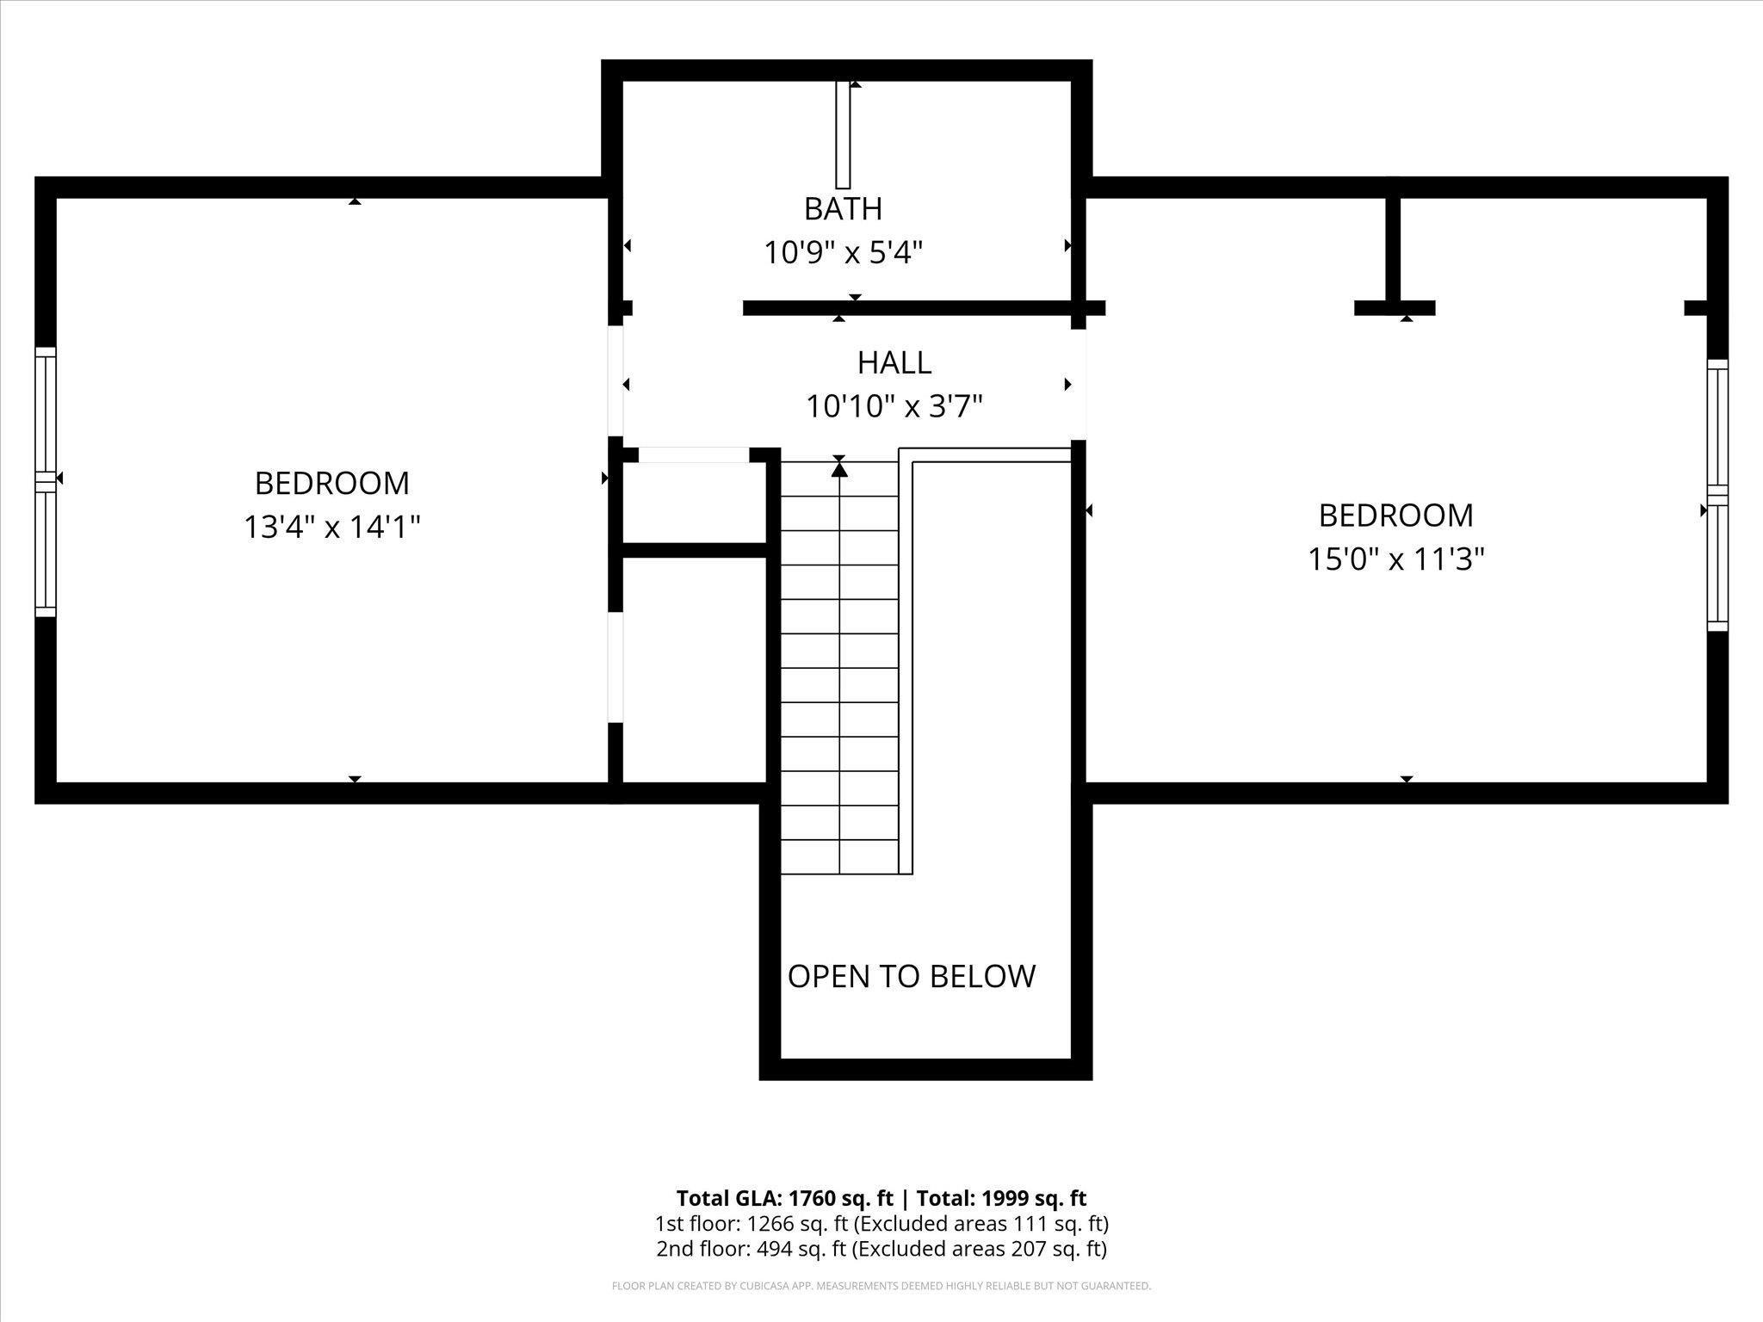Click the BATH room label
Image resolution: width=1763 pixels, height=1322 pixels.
(x=843, y=208)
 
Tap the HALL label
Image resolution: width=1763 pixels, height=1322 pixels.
(x=894, y=362)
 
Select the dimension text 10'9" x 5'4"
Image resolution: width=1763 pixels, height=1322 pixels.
(x=844, y=253)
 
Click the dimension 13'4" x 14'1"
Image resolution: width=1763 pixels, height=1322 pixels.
(x=332, y=527)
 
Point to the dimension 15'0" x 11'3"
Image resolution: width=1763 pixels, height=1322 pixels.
(x=1396, y=559)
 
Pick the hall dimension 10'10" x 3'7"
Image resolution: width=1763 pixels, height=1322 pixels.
(x=894, y=405)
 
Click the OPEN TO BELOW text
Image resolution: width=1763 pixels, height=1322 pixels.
(x=911, y=976)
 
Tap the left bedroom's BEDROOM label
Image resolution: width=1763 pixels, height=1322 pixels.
(x=332, y=483)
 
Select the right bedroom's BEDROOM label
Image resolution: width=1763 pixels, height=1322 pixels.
(x=1396, y=515)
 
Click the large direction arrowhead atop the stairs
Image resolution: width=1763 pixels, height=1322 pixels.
(x=839, y=469)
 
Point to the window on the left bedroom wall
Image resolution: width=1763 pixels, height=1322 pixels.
(x=46, y=482)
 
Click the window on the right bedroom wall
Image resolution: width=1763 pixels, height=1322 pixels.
(x=1717, y=495)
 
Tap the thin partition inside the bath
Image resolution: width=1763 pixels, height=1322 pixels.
(x=843, y=135)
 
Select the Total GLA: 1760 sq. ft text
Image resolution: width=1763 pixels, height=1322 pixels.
(x=785, y=1198)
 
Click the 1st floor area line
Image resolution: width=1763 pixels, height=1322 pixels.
(x=881, y=1224)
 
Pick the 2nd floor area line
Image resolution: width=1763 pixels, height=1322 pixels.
(x=881, y=1249)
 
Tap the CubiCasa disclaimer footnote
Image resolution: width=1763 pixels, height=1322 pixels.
(x=881, y=1286)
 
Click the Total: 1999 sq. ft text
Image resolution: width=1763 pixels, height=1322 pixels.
(x=1001, y=1198)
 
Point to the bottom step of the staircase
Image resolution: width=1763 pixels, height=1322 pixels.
(x=839, y=856)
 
